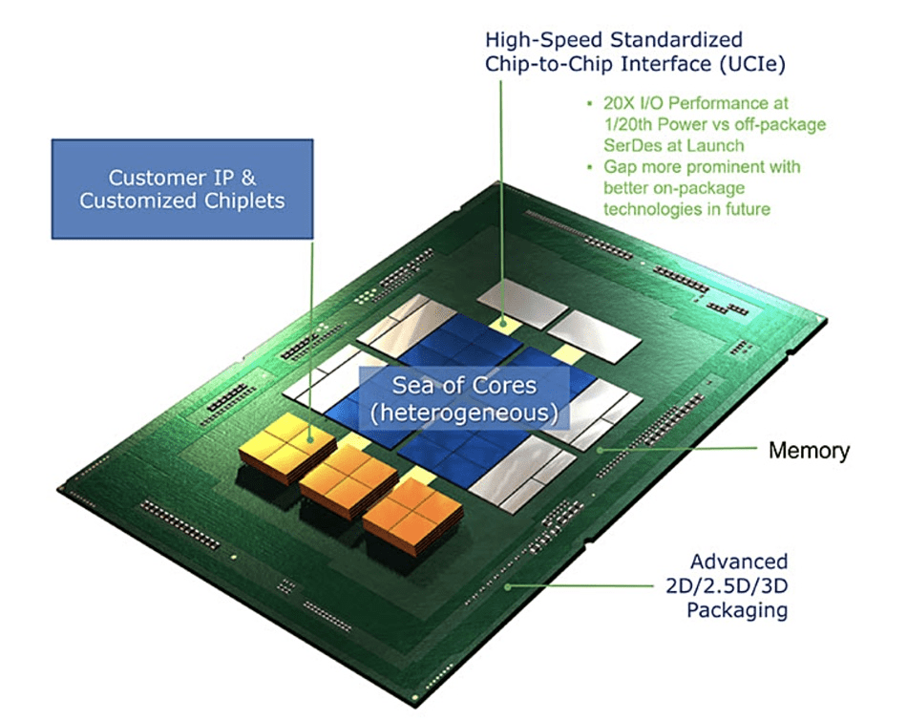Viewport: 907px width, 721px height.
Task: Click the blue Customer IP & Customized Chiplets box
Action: point(181,188)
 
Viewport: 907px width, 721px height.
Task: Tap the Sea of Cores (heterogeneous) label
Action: point(463,399)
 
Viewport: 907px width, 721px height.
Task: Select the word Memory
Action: point(809,450)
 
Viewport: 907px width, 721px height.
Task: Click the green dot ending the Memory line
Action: point(600,449)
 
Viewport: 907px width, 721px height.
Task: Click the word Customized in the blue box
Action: point(131,201)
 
